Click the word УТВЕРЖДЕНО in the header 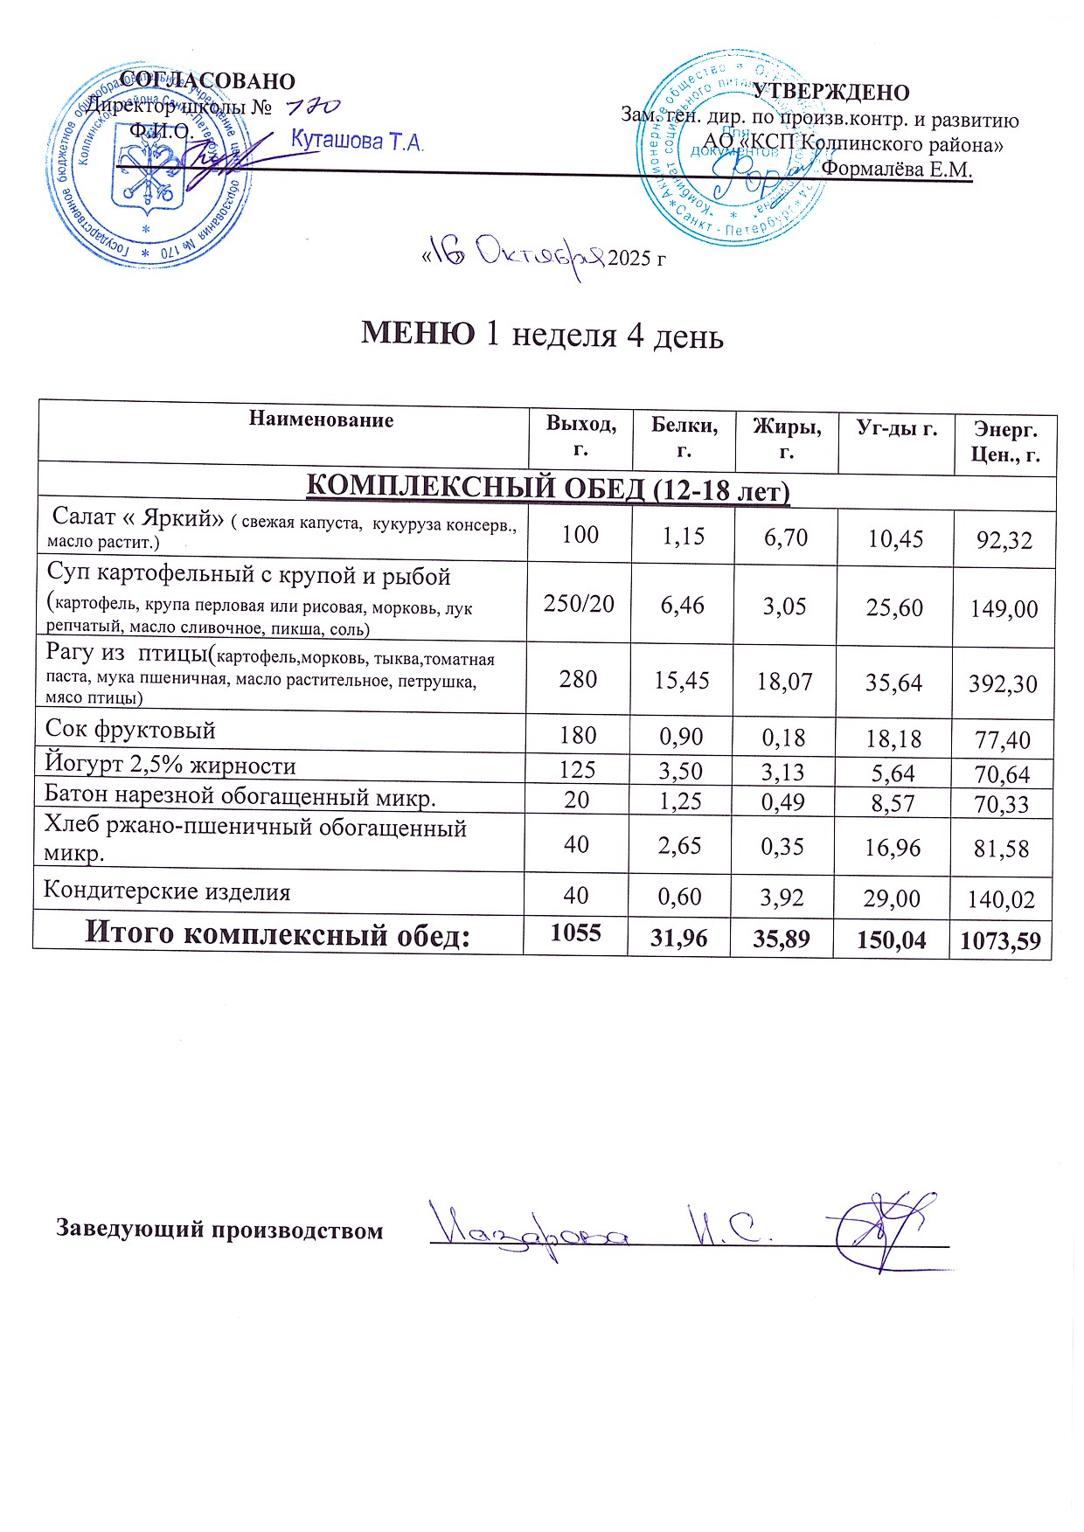coord(831,93)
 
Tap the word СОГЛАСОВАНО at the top coord(207,81)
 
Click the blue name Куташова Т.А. coord(357,142)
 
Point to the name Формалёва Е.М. coord(897,170)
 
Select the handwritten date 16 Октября coord(516,255)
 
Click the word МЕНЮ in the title coord(419,334)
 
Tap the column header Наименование coord(321,419)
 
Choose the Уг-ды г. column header coord(896,428)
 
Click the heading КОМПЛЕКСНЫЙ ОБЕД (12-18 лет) coord(547,489)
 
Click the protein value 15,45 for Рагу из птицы coord(682,680)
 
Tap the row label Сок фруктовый coord(130,731)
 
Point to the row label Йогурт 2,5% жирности coord(170,766)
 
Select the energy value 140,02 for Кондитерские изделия coord(1001,899)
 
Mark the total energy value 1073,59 coord(1000,941)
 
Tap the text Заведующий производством coord(219,1230)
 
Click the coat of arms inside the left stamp coord(147,176)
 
